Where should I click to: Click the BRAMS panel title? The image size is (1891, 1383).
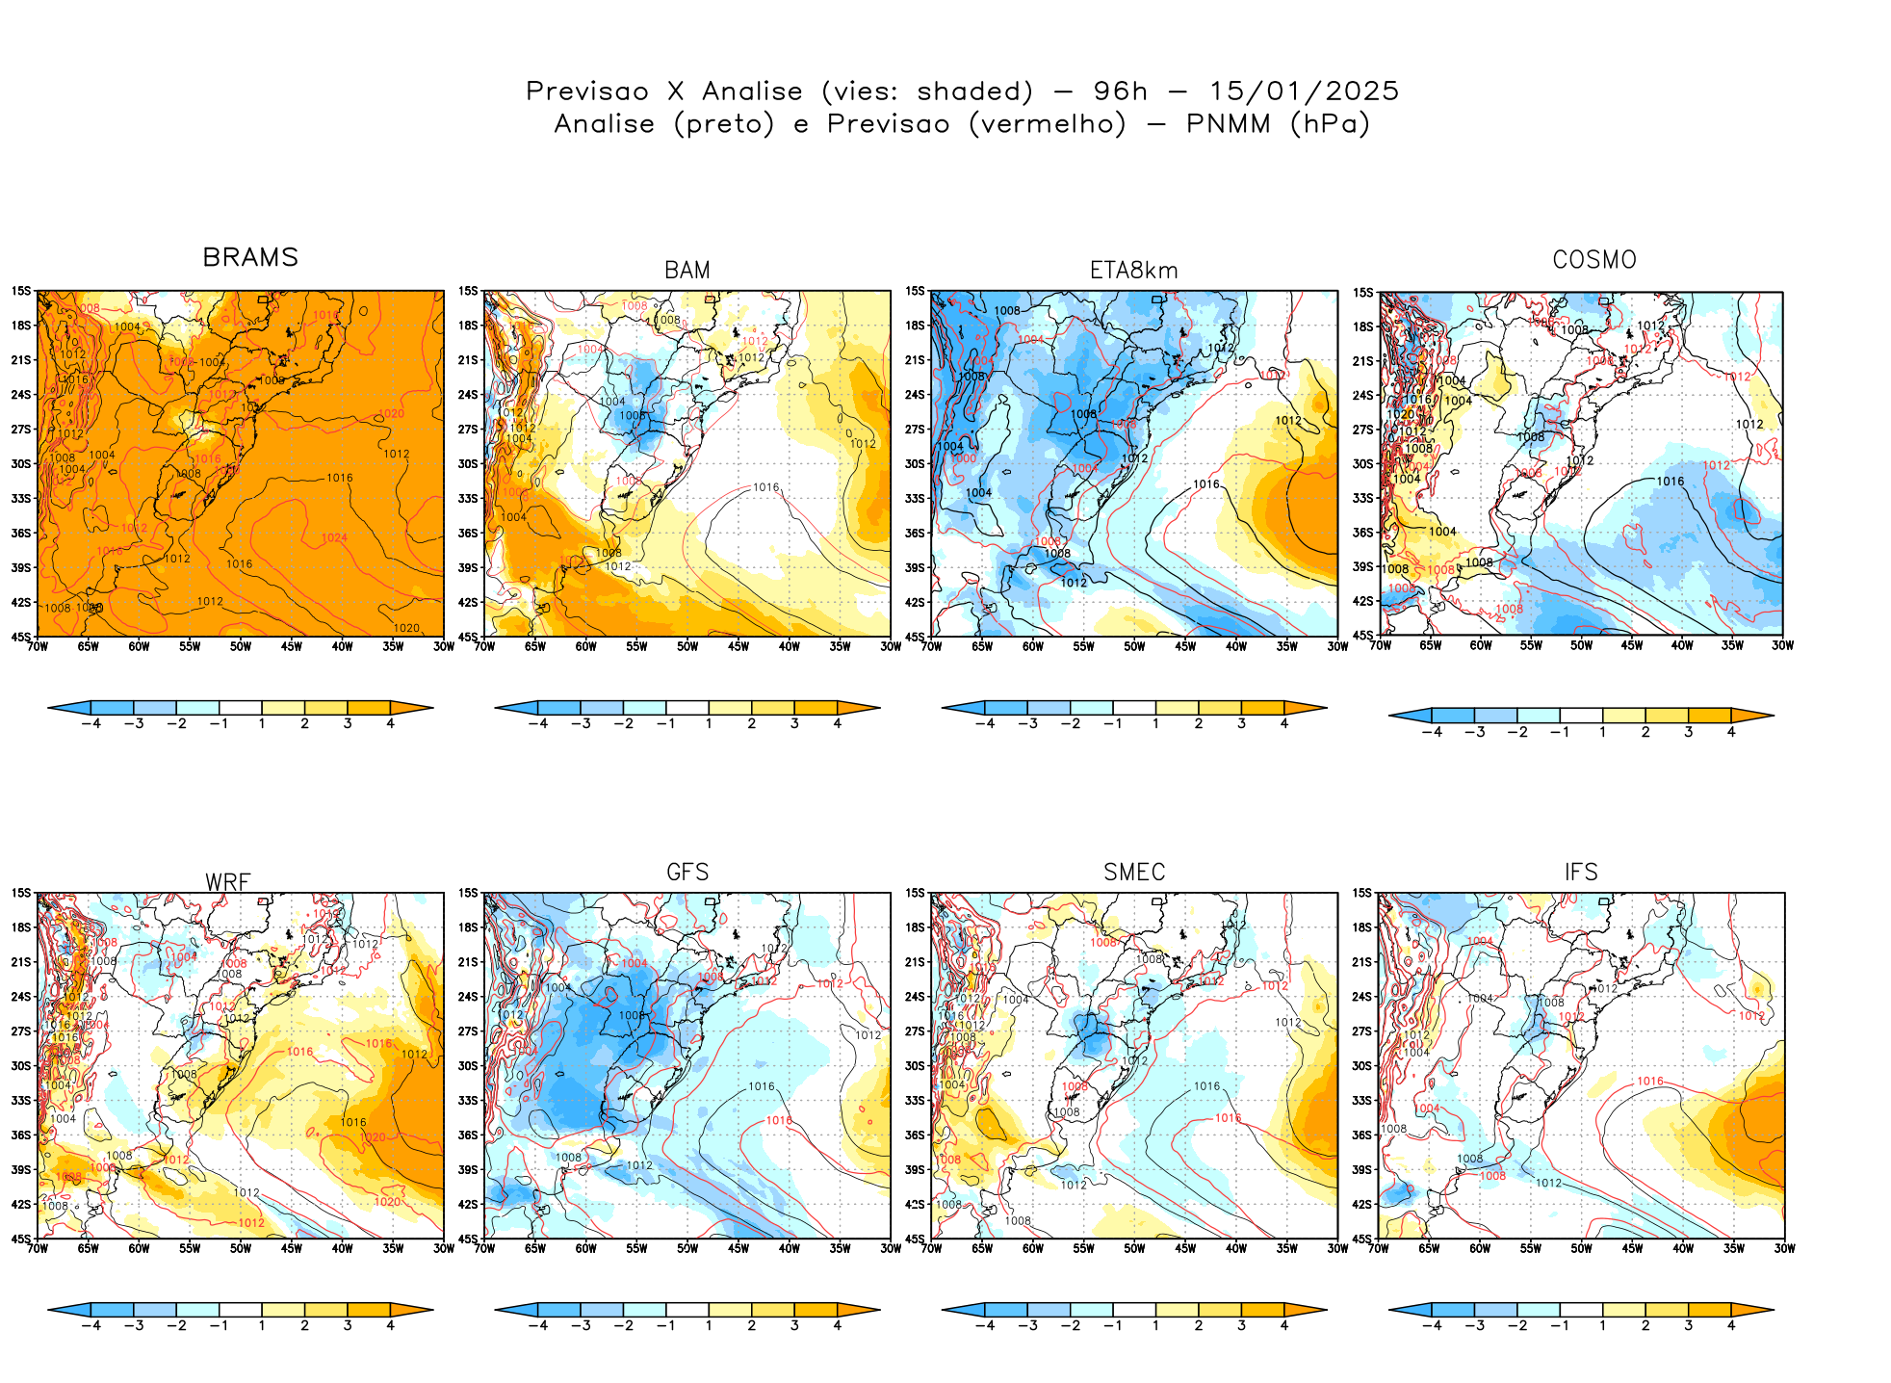[x=250, y=257]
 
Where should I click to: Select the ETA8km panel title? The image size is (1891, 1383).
[x=1133, y=271]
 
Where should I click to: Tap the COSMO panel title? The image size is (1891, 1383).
[x=1593, y=260]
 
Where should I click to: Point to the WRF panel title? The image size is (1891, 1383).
[x=228, y=882]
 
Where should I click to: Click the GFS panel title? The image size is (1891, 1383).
[x=687, y=873]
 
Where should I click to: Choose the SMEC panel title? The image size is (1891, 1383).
[x=1134, y=873]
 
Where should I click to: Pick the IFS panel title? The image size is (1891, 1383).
[x=1581, y=873]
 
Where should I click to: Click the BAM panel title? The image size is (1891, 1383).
[x=687, y=271]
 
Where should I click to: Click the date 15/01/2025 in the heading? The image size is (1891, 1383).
[x=1304, y=91]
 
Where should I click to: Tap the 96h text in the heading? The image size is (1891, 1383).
[x=1120, y=91]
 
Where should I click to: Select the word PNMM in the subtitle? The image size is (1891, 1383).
[x=1228, y=124]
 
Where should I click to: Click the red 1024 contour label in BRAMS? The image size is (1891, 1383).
[x=334, y=537]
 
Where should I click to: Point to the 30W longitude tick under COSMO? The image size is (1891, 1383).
[x=1782, y=645]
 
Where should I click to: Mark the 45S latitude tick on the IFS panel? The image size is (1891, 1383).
[x=1361, y=1239]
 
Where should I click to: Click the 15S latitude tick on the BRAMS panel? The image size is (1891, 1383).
[x=20, y=291]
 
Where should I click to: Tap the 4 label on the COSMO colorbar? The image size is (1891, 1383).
[x=1730, y=732]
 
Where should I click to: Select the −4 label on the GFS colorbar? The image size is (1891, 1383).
[x=537, y=1326]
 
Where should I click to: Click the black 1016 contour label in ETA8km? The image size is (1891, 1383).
[x=1205, y=484]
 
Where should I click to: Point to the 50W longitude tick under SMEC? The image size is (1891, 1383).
[x=1134, y=1248]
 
